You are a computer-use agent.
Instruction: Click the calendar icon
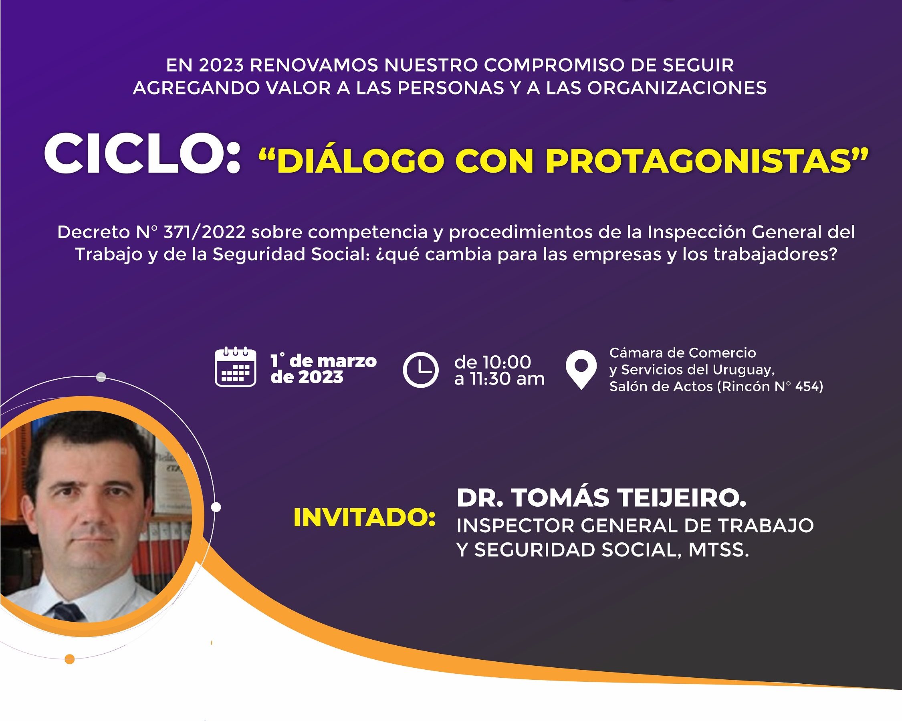235,367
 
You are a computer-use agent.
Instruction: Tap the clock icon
420,370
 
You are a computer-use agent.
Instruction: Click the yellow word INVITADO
364,518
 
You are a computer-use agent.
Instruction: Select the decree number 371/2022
204,232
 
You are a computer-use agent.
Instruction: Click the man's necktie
67,611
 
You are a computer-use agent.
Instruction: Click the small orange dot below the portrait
70,659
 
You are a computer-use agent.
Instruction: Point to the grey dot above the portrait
101,377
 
